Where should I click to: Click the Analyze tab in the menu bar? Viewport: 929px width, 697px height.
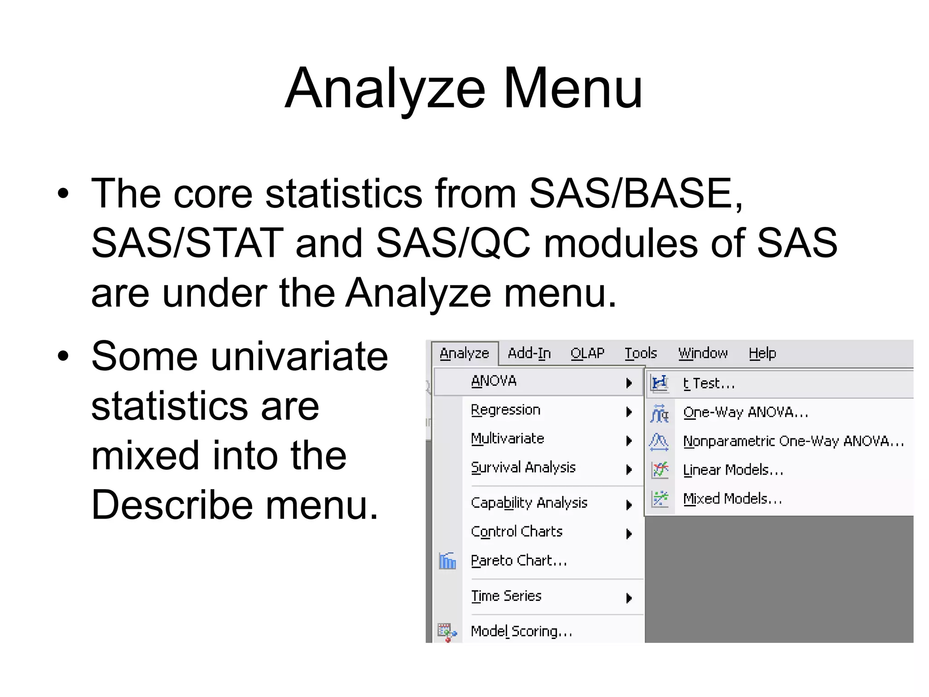pos(464,353)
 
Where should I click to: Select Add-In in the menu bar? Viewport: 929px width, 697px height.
pos(529,353)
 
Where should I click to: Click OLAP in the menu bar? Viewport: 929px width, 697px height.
pos(587,353)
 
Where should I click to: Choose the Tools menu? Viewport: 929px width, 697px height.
pos(641,353)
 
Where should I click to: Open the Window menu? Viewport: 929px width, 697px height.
pos(703,353)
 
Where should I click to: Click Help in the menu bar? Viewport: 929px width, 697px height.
pos(762,353)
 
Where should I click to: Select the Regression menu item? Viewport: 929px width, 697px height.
pos(506,410)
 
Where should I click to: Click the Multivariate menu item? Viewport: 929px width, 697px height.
pos(508,439)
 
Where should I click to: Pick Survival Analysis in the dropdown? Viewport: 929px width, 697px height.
pos(523,468)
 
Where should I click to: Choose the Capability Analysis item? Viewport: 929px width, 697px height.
pos(529,503)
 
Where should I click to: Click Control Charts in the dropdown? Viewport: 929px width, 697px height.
pos(517,532)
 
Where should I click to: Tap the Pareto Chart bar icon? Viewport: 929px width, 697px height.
pos(447,561)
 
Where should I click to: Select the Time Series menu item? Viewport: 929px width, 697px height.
pos(506,596)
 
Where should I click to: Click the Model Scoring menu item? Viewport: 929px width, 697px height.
pos(521,632)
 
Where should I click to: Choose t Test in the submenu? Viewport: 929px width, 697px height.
pos(709,384)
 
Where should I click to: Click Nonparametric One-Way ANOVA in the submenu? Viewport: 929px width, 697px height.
pos(793,442)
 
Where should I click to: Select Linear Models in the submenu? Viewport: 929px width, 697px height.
pos(733,470)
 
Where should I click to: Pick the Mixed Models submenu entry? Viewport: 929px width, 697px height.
pos(733,499)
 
